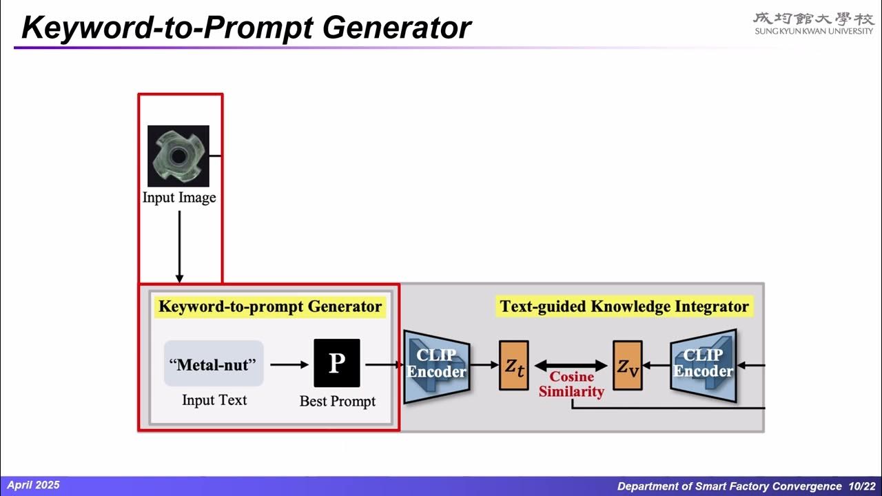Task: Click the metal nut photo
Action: pyautogui.click(x=178, y=156)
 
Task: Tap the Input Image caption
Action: pyautogui.click(x=179, y=198)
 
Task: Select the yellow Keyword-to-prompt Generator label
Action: pyautogui.click(x=270, y=307)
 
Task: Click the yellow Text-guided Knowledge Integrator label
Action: pyautogui.click(x=624, y=307)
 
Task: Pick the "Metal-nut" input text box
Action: pyautogui.click(x=214, y=364)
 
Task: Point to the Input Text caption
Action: pyautogui.click(x=214, y=400)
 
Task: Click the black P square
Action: pyautogui.click(x=337, y=363)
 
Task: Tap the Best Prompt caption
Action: pyautogui.click(x=338, y=401)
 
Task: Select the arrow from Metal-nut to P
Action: pyautogui.click(x=289, y=364)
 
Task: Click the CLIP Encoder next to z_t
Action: pyautogui.click(x=437, y=364)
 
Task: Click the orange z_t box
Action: pyautogui.click(x=514, y=366)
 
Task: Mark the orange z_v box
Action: pyautogui.click(x=628, y=366)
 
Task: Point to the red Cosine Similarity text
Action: pyautogui.click(x=571, y=384)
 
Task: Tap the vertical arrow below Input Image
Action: pyautogui.click(x=179, y=247)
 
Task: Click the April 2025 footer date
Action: pyautogui.click(x=33, y=485)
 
